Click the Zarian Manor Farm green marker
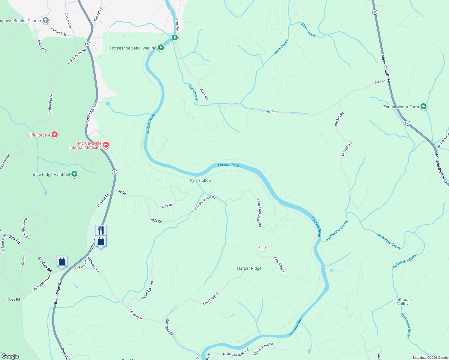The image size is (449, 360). [x=423, y=106]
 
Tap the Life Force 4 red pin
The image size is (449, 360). [x=54, y=135]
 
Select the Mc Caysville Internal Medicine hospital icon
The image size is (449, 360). [x=106, y=145]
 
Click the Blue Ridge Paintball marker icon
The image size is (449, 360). [x=74, y=174]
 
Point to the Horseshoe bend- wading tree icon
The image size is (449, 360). [x=161, y=48]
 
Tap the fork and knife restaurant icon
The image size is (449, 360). [x=101, y=230]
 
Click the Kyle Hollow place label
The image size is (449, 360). [x=200, y=180]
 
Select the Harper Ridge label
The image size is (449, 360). [x=249, y=268]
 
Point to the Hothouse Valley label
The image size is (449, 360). [x=402, y=301]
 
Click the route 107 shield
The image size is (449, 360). [x=262, y=249]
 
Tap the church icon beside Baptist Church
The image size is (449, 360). [x=46, y=20]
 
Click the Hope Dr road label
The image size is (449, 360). [x=166, y=206]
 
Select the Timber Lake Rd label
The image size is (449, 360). [x=147, y=290]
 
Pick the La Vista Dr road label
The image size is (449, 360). [x=103, y=200]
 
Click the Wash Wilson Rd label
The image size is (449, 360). [x=25, y=229]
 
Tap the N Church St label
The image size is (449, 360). [x=58, y=31]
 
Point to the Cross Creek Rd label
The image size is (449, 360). [x=263, y=349]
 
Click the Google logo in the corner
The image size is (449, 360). [x=10, y=356]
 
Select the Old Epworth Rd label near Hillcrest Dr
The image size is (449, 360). [x=77, y=56]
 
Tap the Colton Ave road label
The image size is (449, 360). [x=68, y=20]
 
